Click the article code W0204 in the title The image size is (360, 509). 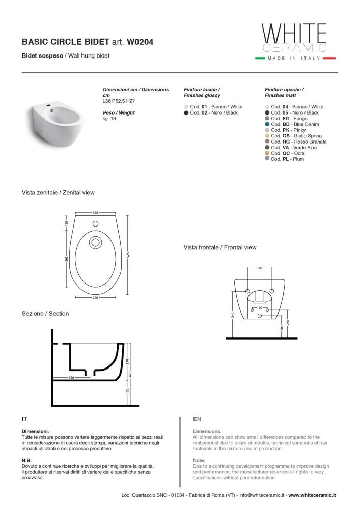(x=140, y=43)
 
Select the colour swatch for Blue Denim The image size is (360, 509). (x=267, y=124)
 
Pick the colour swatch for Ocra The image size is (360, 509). (x=267, y=153)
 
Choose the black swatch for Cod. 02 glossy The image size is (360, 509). (x=186, y=113)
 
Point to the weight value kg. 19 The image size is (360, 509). (x=109, y=118)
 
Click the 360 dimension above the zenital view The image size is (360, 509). (x=95, y=212)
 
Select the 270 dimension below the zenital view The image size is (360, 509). (x=95, y=297)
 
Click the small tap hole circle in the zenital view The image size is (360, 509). (x=95, y=223)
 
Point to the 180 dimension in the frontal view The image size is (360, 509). (x=260, y=268)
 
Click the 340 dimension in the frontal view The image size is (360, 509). (x=232, y=315)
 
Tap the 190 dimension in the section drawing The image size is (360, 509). (x=72, y=378)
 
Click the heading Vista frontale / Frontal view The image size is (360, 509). (x=220, y=248)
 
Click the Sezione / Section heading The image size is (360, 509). (x=45, y=314)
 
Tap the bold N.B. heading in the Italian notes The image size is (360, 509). (x=26, y=460)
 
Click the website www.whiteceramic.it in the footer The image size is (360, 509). (x=311, y=495)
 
